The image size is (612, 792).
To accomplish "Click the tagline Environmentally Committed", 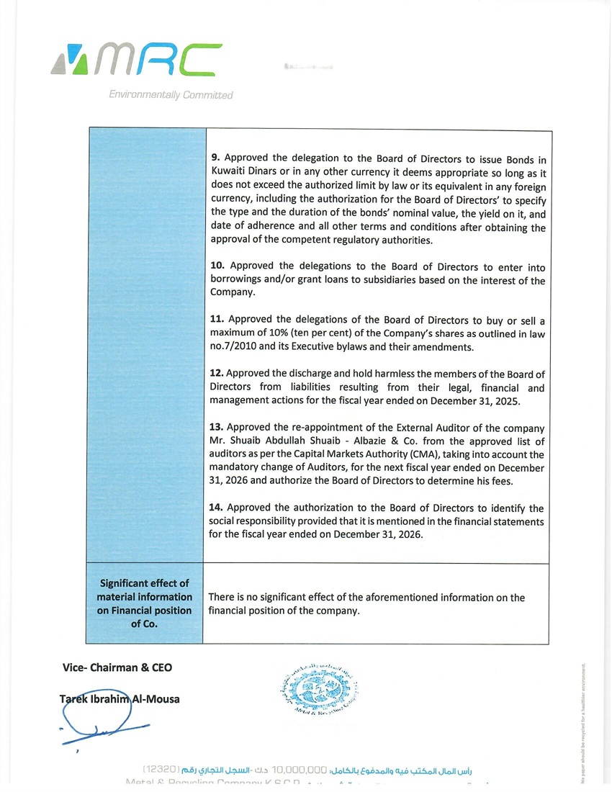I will (171, 95).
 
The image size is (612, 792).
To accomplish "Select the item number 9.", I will (214, 159).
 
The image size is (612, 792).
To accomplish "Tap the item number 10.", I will (217, 266).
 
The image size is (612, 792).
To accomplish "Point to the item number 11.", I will (217, 320).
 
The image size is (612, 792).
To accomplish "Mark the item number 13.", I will (217, 428).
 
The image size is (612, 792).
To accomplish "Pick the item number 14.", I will (217, 508).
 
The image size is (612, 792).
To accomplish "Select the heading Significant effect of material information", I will (145, 590).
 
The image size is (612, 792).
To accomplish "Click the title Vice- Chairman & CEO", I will (117, 667).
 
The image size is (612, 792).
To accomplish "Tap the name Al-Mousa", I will (156, 698).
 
